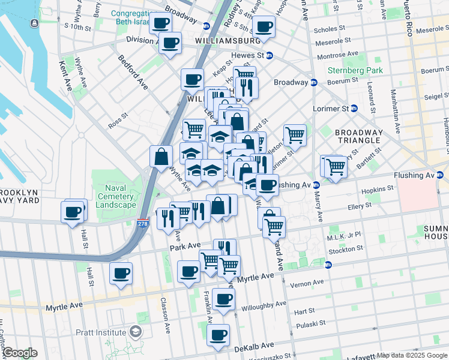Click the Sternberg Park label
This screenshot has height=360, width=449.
(x=355, y=70)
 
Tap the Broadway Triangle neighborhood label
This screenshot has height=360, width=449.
(x=358, y=136)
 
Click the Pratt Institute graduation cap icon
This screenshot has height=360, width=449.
(x=136, y=332)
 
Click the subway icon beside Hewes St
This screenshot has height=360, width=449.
(x=270, y=56)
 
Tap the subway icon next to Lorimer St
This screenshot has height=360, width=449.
(x=354, y=109)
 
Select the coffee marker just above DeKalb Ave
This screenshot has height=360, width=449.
(x=218, y=334)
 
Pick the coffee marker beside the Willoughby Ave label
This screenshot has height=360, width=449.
(x=223, y=298)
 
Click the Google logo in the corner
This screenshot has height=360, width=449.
(x=19, y=353)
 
